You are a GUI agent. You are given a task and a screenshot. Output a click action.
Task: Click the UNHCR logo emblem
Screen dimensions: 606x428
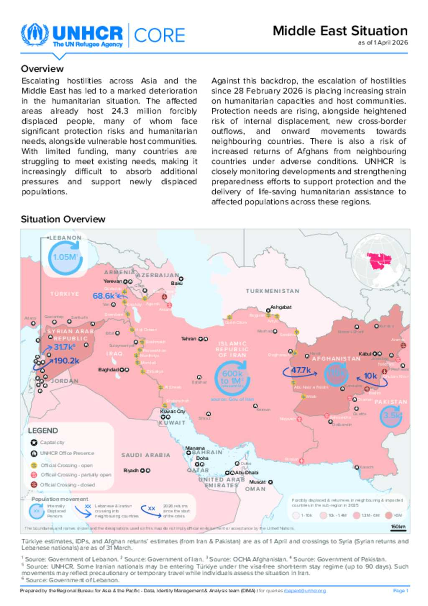(x=35, y=35)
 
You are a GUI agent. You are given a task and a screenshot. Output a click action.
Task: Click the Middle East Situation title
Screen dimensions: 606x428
(x=340, y=31)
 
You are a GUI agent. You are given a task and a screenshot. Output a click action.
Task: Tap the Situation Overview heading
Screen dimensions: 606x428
(x=63, y=219)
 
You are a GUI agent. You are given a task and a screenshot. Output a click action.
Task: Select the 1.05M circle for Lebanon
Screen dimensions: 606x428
(x=65, y=257)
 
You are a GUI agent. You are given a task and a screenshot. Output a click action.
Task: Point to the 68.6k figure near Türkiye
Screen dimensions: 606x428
(x=104, y=296)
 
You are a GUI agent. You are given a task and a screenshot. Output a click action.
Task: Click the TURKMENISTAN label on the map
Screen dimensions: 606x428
(x=273, y=291)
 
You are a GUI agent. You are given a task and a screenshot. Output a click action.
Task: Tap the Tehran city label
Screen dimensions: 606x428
(x=189, y=339)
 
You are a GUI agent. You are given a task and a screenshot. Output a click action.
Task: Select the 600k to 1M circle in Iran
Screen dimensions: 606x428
(x=232, y=378)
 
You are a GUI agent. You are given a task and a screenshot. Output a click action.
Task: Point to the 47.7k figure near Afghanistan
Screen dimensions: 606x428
(x=301, y=370)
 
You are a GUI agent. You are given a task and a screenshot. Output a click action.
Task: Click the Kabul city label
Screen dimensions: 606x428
(x=365, y=354)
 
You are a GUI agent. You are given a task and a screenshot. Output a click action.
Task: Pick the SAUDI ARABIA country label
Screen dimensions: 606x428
(x=146, y=455)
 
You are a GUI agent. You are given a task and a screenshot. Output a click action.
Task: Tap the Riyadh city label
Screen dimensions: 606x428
(x=131, y=470)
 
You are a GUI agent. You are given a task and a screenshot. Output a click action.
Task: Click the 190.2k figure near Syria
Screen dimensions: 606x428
(x=66, y=361)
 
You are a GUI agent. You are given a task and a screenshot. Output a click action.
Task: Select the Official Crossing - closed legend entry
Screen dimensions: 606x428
(x=67, y=485)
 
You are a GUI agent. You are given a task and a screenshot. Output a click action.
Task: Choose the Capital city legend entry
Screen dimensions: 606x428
(x=52, y=442)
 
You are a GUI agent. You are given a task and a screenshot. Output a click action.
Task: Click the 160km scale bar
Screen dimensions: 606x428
(x=398, y=527)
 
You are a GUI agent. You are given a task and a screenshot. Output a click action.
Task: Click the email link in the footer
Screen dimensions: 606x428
(x=305, y=591)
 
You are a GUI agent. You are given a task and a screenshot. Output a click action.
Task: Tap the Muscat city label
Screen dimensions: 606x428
(x=257, y=482)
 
